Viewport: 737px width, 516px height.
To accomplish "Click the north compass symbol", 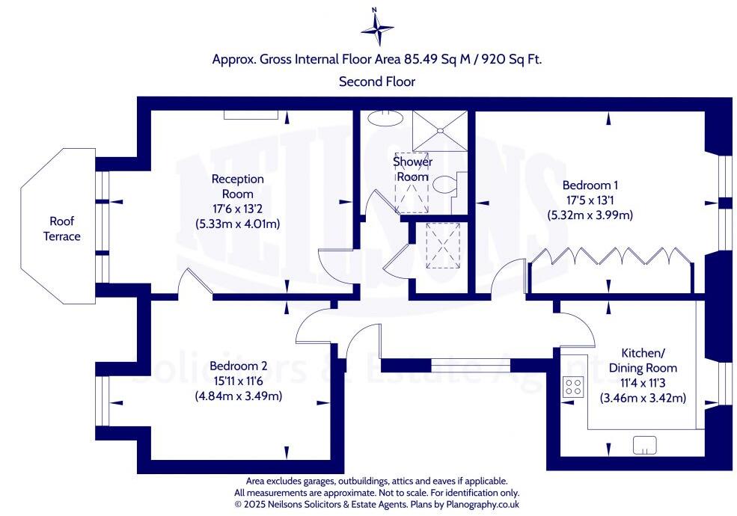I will click(x=377, y=28).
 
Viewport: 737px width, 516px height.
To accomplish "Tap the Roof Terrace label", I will click(x=64, y=229).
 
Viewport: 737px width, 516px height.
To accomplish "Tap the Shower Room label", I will click(x=412, y=169).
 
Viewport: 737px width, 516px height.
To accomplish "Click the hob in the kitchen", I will click(x=573, y=387).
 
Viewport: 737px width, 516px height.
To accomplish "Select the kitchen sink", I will click(x=644, y=445).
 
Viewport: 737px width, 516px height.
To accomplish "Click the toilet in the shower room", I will click(x=447, y=184).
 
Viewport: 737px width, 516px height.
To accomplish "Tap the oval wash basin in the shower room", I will click(x=385, y=117).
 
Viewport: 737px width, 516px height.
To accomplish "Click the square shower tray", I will click(x=441, y=130).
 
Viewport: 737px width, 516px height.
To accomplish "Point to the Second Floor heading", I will click(x=377, y=82).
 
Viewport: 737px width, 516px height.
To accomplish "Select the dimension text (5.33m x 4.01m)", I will click(x=237, y=223).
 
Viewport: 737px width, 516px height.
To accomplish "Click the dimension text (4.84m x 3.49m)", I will click(x=238, y=396).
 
